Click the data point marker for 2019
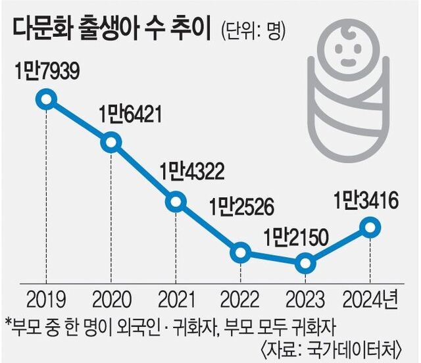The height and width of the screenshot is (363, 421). tap(45, 100)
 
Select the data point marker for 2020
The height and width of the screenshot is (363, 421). tap(111, 141)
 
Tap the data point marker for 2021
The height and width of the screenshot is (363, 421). tap(175, 201)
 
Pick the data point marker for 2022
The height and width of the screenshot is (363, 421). tap(240, 252)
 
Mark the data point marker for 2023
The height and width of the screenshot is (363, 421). tap(305, 264)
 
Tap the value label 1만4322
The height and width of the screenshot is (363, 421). tap(191, 173)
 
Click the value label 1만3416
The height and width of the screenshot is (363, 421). tap(366, 199)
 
